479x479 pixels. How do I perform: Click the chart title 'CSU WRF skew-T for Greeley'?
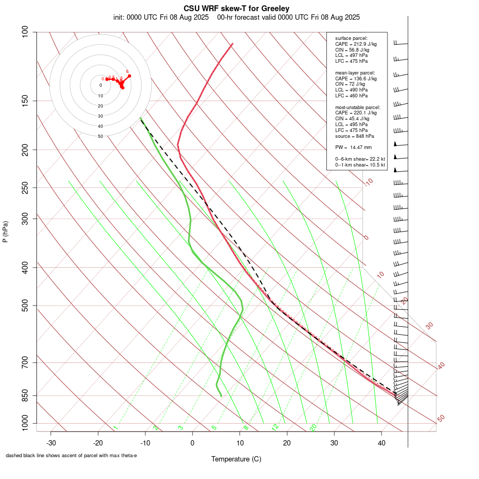tap(236, 9)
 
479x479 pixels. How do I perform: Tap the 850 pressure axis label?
tap(26, 395)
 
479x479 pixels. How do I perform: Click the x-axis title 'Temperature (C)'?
tap(236, 459)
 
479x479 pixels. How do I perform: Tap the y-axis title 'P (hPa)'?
tap(5, 232)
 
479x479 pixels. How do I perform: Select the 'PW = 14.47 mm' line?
tap(353, 147)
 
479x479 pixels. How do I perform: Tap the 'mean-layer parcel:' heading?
tap(355, 72)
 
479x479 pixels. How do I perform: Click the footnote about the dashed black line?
tap(71, 456)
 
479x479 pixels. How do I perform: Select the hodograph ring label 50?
tap(100, 136)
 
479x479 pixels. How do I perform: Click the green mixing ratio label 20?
tap(313, 427)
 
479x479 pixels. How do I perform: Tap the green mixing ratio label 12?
tap(275, 427)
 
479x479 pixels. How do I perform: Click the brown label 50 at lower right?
tap(441, 419)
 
